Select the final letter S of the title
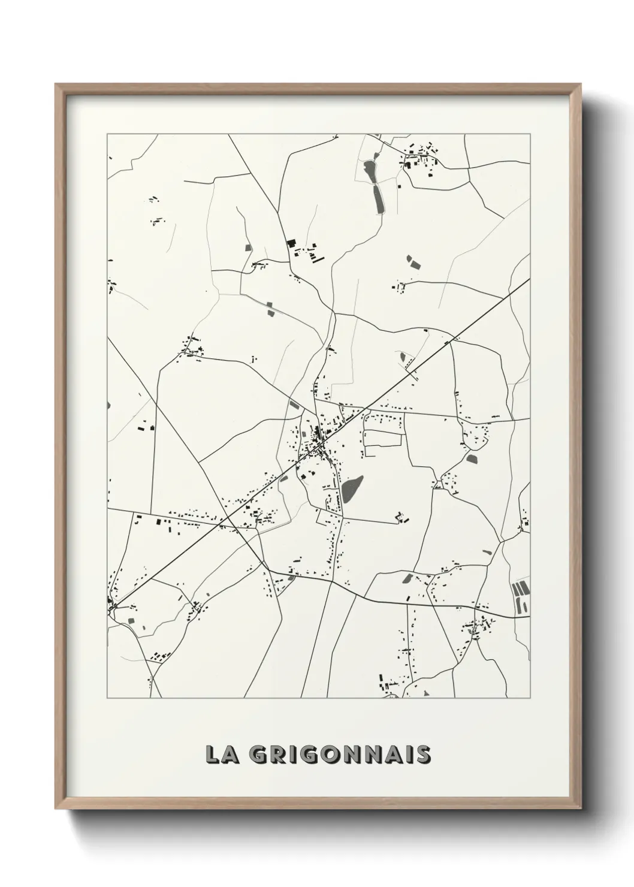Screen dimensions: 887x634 (x=423, y=755)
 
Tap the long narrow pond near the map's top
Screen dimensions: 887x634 (x=378, y=198)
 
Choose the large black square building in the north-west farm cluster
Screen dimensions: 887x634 (x=292, y=243)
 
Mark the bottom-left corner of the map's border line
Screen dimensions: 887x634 (x=107, y=698)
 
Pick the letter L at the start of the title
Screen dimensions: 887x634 (x=212, y=755)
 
